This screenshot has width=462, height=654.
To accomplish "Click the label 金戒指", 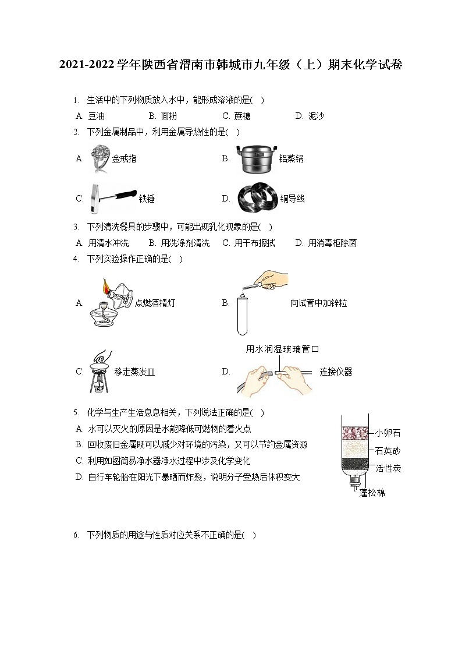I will pos(124,158).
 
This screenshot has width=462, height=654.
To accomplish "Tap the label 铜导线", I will pos(292,199).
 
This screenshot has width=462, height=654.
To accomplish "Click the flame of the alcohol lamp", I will pos(106,286).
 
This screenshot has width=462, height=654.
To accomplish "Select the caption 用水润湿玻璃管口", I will pos(283,349).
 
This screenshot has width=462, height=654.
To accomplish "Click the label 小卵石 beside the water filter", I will pos(388,433).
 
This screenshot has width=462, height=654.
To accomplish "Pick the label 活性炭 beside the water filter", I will pos(388,468).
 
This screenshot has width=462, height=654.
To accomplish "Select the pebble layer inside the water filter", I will pos(355,433).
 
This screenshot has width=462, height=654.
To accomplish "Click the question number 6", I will pos(76,535).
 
